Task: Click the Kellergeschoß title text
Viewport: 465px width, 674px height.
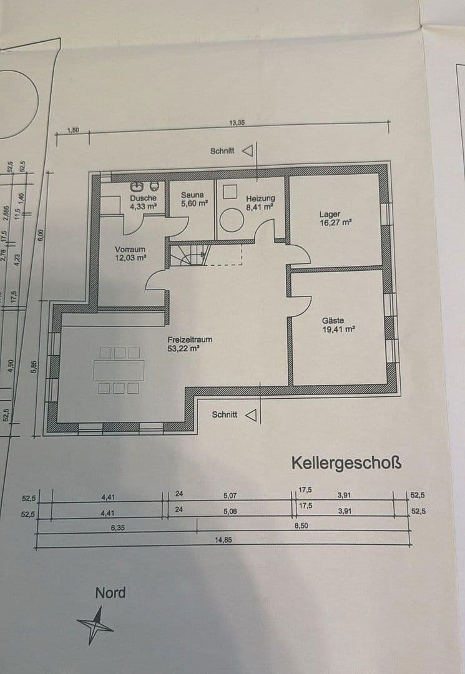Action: click(x=346, y=464)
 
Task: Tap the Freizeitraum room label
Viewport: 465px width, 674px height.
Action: click(x=190, y=339)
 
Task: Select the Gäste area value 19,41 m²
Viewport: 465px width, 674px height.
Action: click(x=338, y=330)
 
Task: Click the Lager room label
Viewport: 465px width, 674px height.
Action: click(x=330, y=214)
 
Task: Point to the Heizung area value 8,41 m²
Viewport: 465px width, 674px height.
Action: click(x=260, y=207)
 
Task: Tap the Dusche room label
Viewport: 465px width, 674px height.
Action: click(x=143, y=198)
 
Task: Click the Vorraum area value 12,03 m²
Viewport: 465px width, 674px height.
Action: click(x=130, y=257)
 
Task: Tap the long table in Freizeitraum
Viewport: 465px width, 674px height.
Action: click(x=119, y=370)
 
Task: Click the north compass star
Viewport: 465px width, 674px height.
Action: click(x=95, y=625)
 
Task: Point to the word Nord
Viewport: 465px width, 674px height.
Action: click(x=110, y=592)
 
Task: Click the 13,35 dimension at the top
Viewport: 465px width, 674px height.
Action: click(x=237, y=123)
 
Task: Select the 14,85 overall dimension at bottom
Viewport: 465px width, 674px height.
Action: click(x=223, y=540)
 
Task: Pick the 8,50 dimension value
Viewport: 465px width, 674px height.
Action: click(x=301, y=525)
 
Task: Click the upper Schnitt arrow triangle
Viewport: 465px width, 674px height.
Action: click(x=248, y=151)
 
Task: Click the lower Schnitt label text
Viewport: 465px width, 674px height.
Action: click(x=224, y=414)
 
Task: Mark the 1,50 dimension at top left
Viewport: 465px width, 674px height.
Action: click(x=73, y=130)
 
